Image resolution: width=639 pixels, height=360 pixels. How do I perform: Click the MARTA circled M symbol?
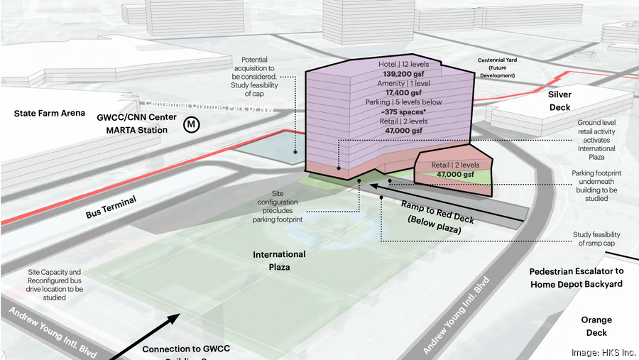pos(192,125)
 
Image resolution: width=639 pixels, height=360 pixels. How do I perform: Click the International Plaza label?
pos(280,260)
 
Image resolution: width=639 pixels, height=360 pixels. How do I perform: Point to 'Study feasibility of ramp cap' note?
pos(596,239)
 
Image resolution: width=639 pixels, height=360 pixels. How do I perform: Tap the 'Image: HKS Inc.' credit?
pos(602,352)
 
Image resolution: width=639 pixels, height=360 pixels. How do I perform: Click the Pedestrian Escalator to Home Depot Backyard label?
pos(576,278)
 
